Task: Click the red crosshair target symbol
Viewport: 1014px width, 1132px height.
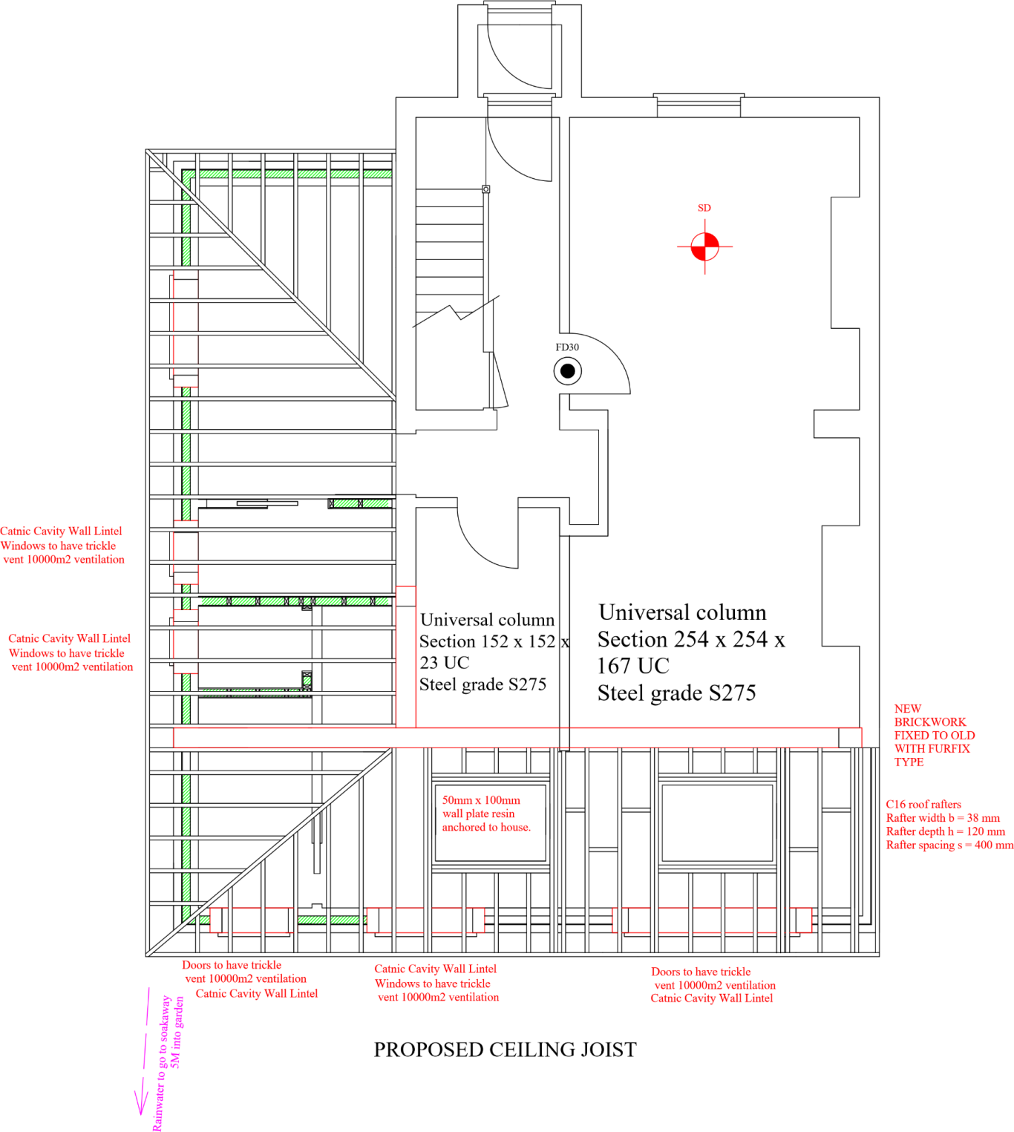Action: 704,246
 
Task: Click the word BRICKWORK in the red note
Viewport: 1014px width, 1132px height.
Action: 930,722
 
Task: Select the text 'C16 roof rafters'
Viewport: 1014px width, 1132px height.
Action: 923,805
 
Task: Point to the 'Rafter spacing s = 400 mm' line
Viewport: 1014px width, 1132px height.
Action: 949,845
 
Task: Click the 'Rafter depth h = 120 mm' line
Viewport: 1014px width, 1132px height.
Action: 945,832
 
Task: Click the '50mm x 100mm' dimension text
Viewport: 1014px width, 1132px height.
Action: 481,801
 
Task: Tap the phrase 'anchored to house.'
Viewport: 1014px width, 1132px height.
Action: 486,828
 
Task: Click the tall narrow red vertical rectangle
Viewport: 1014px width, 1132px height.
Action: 406,657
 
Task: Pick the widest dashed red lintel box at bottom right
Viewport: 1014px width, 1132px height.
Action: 711,920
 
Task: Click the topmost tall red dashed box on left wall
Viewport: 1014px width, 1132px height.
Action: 186,329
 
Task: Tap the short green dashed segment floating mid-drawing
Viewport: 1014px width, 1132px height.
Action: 362,503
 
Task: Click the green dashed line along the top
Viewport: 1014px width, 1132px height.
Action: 290,174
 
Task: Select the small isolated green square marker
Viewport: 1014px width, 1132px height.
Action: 307,681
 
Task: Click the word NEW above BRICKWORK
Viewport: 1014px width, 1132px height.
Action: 907,709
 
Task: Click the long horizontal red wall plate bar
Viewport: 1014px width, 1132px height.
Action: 517,738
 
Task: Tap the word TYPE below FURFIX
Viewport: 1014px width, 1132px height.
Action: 909,762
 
